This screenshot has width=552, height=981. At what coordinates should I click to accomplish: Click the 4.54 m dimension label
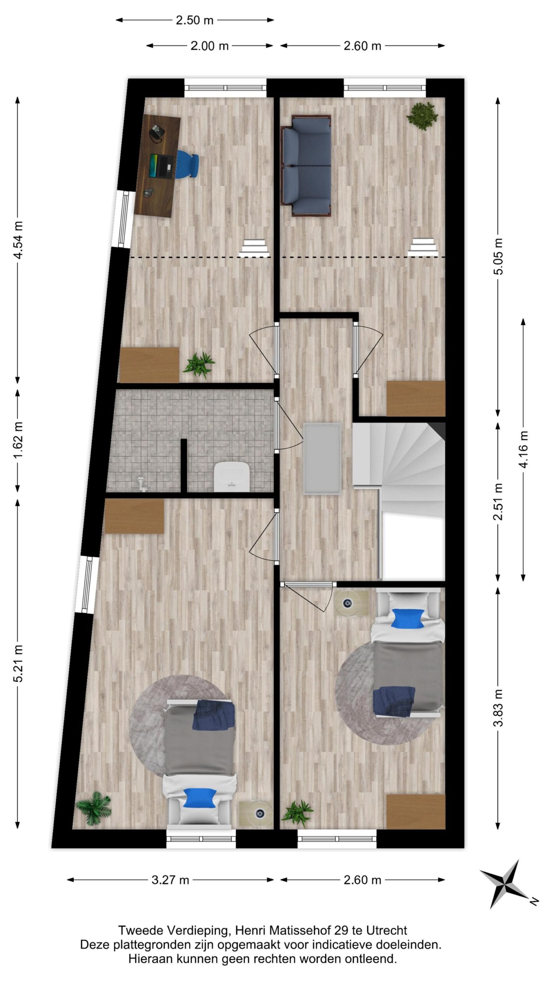pyautogui.click(x=18, y=240)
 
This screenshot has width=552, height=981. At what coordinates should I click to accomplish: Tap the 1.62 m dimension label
pyautogui.click(x=18, y=440)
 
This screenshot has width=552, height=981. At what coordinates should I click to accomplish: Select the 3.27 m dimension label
pyautogui.click(x=170, y=879)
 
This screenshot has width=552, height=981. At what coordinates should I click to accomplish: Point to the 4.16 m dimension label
pyautogui.click(x=523, y=449)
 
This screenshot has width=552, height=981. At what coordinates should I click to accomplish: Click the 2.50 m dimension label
pyautogui.click(x=194, y=20)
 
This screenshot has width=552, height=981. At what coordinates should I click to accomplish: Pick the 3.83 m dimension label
pyautogui.click(x=498, y=708)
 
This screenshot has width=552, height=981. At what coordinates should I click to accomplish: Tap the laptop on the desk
pyautogui.click(x=161, y=166)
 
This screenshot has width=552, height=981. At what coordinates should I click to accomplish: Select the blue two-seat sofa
pyautogui.click(x=307, y=166)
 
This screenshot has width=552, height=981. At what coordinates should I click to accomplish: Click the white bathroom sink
pyautogui.click(x=232, y=476)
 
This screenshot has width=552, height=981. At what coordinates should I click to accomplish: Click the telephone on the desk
pyautogui.click(x=156, y=132)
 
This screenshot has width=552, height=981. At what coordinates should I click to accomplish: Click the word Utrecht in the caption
pyautogui.click(x=386, y=930)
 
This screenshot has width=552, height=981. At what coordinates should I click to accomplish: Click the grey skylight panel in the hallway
pyautogui.click(x=322, y=458)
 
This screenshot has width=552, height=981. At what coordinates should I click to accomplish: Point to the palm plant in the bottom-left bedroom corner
pyautogui.click(x=94, y=808)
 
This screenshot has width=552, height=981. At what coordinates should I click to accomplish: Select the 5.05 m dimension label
pyautogui.click(x=498, y=256)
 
